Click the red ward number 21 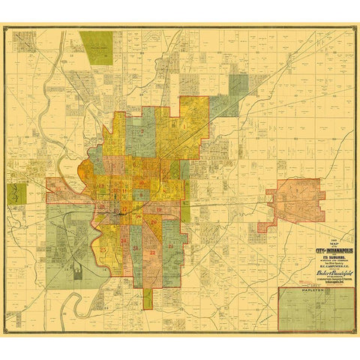click(x=172, y=246)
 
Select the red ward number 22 click(x=152, y=252)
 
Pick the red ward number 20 click(x=154, y=223)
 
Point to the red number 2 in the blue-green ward click(x=142, y=132)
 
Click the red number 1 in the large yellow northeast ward click(x=184, y=126)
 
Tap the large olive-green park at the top click(x=96, y=48)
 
